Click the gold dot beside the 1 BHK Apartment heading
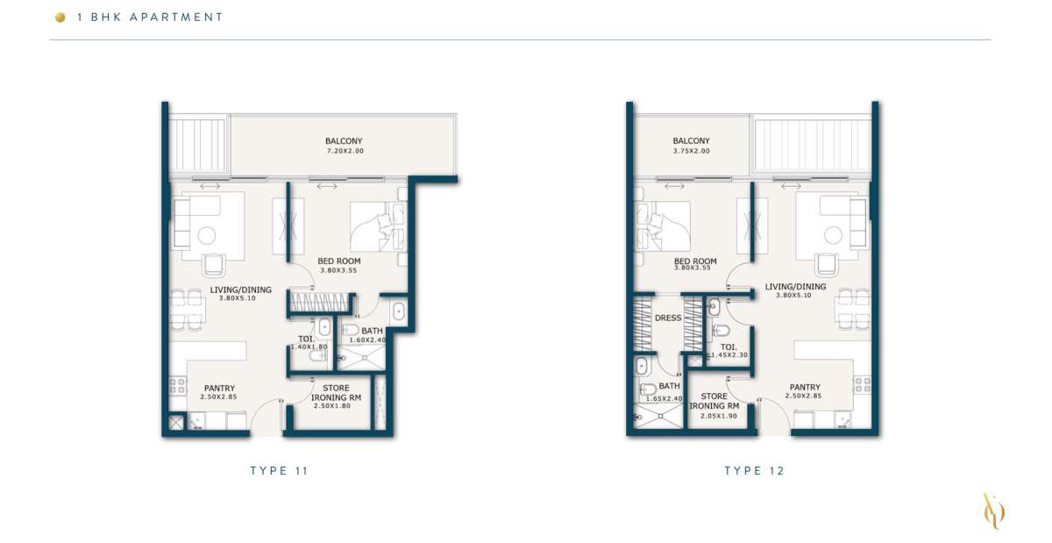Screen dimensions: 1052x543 tap(60, 18)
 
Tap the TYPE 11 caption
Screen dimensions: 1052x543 tap(279, 470)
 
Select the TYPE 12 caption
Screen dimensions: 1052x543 tap(754, 470)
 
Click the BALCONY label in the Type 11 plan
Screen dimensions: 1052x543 tap(344, 141)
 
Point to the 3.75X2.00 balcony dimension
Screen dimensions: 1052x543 tap(692, 151)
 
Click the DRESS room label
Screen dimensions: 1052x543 tap(668, 318)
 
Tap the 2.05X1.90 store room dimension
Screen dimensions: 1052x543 tap(719, 416)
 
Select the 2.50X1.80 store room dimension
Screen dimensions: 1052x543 tap(332, 406)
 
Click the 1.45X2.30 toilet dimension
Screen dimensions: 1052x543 tap(729, 355)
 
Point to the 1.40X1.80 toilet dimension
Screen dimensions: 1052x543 tap(309, 347)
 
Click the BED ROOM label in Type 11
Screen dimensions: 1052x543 tap(339, 261)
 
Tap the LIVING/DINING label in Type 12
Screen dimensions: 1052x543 tap(795, 286)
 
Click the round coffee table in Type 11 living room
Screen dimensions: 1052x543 tap(207, 235)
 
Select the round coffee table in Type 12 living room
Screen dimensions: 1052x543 tap(834, 235)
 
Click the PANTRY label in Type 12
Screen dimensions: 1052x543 tap(805, 387)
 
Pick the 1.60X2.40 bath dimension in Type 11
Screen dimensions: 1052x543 tap(367, 339)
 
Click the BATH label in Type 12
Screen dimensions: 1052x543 tap(669, 385)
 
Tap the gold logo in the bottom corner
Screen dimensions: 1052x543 tap(994, 511)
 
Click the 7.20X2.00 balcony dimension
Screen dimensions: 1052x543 tap(345, 151)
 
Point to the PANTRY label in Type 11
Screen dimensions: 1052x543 tap(219, 388)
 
